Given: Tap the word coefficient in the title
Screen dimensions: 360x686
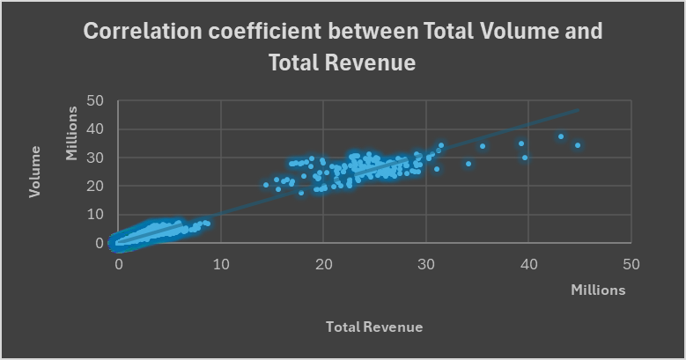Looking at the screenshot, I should pos(279,32).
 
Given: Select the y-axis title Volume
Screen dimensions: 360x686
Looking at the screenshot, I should pos(36,177).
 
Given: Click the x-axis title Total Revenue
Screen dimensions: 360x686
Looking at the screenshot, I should pos(374,327).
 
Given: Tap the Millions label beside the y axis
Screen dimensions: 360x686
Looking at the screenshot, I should pos(73,133).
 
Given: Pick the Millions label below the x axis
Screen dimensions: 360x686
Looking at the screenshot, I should pos(598,290).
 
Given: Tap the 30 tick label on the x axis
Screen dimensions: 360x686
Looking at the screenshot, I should pos(425,263).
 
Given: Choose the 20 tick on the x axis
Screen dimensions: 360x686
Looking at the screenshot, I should pos(323,263).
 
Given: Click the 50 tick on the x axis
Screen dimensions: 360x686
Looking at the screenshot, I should pos(631,263).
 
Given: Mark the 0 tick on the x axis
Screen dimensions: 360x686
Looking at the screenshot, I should pos(118,263).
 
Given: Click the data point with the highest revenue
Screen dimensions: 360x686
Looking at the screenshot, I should pos(578,145).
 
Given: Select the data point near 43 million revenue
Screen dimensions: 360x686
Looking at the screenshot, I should pos(560,136).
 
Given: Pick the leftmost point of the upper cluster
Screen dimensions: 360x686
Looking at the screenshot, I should pos(265,185).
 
